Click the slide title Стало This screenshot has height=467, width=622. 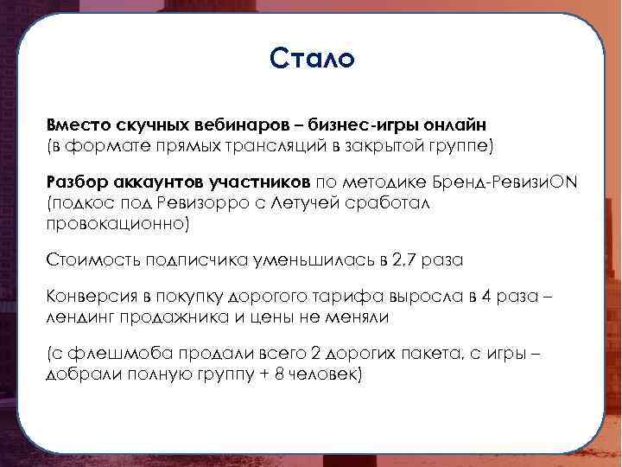point(311,59)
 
